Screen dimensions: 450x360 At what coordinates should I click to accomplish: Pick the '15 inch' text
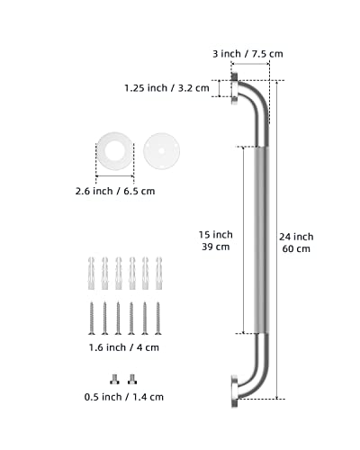213,235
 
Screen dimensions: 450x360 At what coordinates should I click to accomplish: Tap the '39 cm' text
213,248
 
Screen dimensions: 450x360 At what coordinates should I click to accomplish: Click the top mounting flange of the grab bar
236,88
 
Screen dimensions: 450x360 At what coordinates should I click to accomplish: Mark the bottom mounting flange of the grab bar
236,389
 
